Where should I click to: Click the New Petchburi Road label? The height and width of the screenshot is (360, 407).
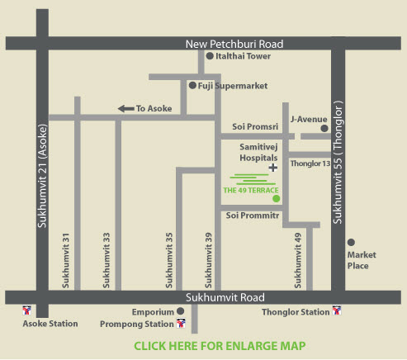point(234,44)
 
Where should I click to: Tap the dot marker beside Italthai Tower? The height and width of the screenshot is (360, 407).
point(210,56)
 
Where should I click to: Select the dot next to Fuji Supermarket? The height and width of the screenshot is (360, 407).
point(192,85)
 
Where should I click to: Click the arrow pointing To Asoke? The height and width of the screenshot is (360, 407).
point(126,109)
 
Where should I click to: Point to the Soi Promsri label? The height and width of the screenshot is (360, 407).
point(255,126)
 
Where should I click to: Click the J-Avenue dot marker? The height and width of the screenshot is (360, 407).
point(324,128)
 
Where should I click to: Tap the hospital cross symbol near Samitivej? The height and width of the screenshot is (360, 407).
point(272,168)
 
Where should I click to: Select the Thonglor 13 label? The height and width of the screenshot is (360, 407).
point(310,163)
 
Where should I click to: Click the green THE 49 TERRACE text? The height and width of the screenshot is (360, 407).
point(251,190)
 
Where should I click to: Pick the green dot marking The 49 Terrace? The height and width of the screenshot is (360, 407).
point(276,198)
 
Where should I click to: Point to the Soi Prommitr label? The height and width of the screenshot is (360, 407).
point(253,216)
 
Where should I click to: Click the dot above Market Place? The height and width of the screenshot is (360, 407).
point(351,242)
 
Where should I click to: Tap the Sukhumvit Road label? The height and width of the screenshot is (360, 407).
point(225,297)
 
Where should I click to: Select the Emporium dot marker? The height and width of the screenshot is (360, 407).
point(180,311)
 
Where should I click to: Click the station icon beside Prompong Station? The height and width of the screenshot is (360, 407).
point(181,323)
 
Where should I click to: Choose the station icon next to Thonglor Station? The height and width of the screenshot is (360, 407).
point(337,310)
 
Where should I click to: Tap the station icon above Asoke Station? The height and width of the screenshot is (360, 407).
point(26,310)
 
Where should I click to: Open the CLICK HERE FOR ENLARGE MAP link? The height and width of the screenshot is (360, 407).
point(220,346)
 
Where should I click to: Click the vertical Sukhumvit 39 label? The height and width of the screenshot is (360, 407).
point(208,260)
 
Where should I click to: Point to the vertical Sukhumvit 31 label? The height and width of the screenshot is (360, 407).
point(65,261)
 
